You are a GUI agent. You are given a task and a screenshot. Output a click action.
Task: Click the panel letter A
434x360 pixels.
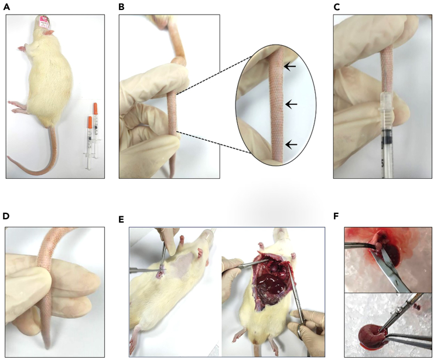pos(6,7)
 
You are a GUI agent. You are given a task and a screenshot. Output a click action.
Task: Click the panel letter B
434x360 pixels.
pos(121,7)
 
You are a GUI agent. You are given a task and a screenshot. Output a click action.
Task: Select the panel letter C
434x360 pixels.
pos(337,7)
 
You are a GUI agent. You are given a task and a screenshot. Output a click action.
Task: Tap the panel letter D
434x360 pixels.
pos(6,216)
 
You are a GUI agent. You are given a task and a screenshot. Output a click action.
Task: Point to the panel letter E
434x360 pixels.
pos(121,219)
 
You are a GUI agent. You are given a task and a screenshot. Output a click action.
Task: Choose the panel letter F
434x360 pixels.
pos(336,216)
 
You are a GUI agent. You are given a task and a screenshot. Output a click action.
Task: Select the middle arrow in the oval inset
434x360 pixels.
pos(291,104)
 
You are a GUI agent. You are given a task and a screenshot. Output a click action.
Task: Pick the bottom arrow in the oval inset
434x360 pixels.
pos(291,144)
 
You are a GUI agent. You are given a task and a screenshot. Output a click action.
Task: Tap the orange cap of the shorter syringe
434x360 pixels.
pos(90,123)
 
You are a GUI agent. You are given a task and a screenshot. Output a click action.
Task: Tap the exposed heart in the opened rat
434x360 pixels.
pos(274,267)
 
